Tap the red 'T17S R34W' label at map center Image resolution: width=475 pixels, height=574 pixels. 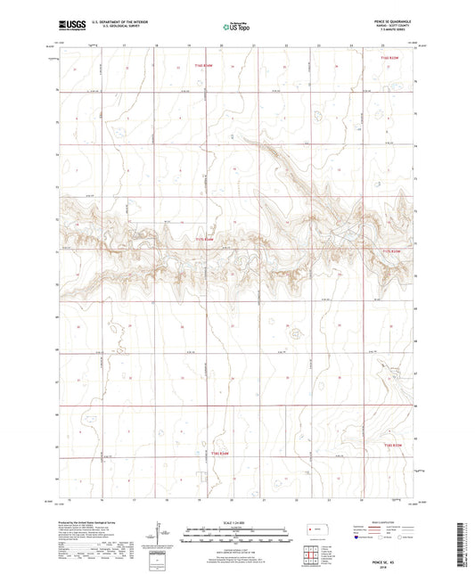[x=205, y=240]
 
